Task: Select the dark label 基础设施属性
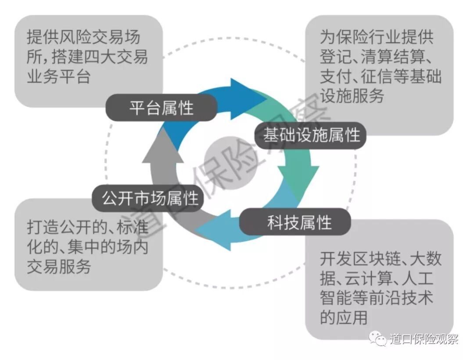(x=311, y=135)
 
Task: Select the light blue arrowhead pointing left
(x=215, y=230)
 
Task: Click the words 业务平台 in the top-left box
(x=58, y=76)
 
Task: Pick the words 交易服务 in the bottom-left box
(x=58, y=266)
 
